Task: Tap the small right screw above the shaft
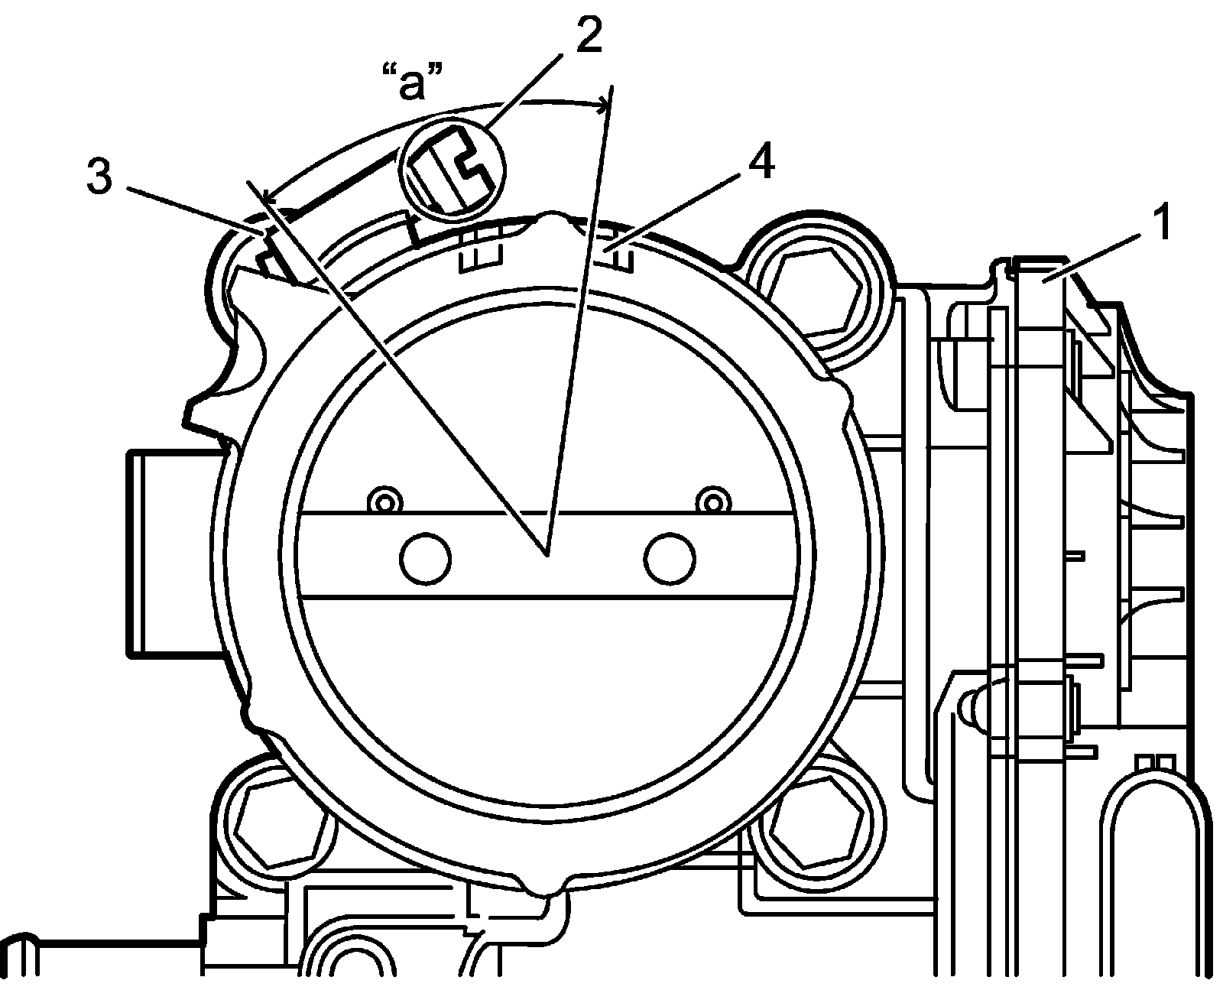(713, 501)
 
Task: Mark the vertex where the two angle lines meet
(547, 554)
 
